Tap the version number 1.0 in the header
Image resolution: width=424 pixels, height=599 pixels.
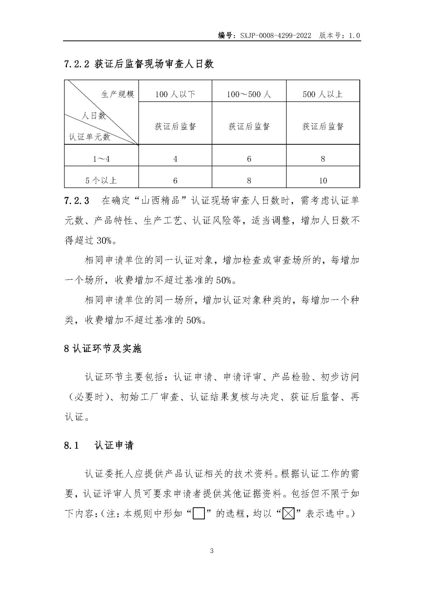pyautogui.click(x=354, y=36)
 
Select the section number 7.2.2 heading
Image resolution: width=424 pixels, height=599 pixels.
pyautogui.click(x=76, y=64)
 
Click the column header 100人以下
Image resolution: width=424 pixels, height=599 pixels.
pyautogui.click(x=175, y=94)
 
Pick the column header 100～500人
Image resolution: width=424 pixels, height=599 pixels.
pyautogui.click(x=249, y=94)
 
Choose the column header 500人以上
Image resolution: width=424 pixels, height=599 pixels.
pyautogui.click(x=323, y=94)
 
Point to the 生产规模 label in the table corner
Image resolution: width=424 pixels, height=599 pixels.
pyautogui.click(x=118, y=94)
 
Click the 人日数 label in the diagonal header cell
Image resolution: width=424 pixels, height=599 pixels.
pyautogui.click(x=94, y=115)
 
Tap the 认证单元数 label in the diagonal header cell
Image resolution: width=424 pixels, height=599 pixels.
pyautogui.click(x=89, y=137)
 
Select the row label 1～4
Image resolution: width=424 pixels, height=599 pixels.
pyautogui.click(x=101, y=159)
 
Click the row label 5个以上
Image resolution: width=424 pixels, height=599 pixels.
pyautogui.click(x=101, y=181)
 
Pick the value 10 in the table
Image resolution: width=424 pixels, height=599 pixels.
pyautogui.click(x=323, y=181)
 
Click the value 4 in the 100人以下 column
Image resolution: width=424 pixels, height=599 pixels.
pyautogui.click(x=175, y=159)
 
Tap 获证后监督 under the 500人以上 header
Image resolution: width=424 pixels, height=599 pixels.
pyautogui.click(x=323, y=127)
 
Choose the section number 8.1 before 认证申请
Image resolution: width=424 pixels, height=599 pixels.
pyautogui.click(x=71, y=445)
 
